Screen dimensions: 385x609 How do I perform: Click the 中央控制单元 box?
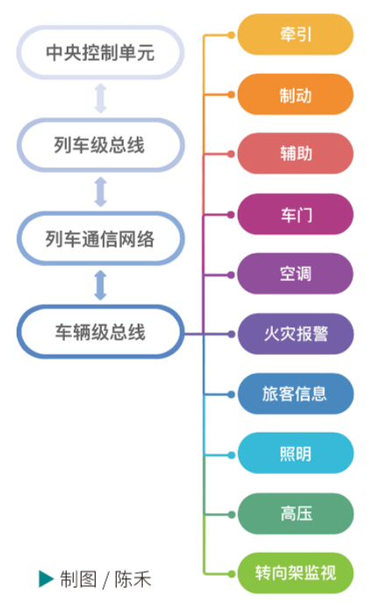100,53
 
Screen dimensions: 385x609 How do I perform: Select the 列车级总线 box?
100,146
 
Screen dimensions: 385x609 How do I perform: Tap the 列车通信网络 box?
100,239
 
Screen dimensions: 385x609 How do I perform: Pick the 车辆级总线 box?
100,332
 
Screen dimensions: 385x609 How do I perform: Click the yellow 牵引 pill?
296,34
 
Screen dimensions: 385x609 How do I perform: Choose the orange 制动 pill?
296,95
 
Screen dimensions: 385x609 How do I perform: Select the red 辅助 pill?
296,154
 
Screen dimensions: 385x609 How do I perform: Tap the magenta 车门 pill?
296,214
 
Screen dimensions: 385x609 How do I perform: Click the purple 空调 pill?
296,274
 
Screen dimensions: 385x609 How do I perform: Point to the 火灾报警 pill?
296,334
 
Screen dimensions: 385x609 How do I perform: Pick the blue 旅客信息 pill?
296,394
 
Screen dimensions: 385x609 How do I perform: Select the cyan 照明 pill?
296,454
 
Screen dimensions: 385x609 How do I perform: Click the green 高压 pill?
296,514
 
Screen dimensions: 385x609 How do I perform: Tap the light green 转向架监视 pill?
296,573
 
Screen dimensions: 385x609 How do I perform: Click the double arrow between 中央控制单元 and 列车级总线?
101,98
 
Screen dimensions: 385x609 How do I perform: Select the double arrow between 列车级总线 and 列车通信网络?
101,192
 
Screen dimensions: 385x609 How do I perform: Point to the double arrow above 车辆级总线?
101,285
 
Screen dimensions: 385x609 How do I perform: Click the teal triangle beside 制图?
46,578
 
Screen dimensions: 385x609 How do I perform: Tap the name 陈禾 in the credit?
132,579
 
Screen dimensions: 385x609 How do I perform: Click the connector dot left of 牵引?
231,35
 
